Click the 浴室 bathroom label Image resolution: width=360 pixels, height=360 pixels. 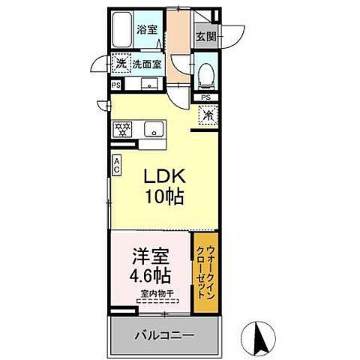(x=146, y=31)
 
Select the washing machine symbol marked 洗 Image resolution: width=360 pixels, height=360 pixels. (x=121, y=64)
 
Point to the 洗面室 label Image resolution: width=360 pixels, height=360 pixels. (x=147, y=64)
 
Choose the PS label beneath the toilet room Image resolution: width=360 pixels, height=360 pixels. (x=206, y=98)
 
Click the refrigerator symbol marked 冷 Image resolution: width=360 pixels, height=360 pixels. (x=208, y=116)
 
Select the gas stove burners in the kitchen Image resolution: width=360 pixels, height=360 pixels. (x=121, y=129)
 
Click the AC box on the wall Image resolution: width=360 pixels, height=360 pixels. (x=117, y=165)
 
